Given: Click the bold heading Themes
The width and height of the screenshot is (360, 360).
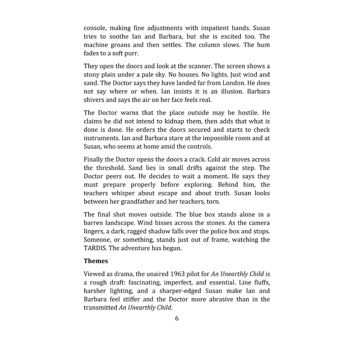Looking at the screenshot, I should [96, 261].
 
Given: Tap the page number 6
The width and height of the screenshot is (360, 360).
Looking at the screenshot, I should [177, 318].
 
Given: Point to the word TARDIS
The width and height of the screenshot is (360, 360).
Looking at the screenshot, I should [95, 248].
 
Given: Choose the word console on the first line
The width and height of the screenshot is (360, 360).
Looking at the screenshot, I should [95, 28].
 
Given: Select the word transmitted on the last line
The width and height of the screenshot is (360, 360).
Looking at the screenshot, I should [100, 308].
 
